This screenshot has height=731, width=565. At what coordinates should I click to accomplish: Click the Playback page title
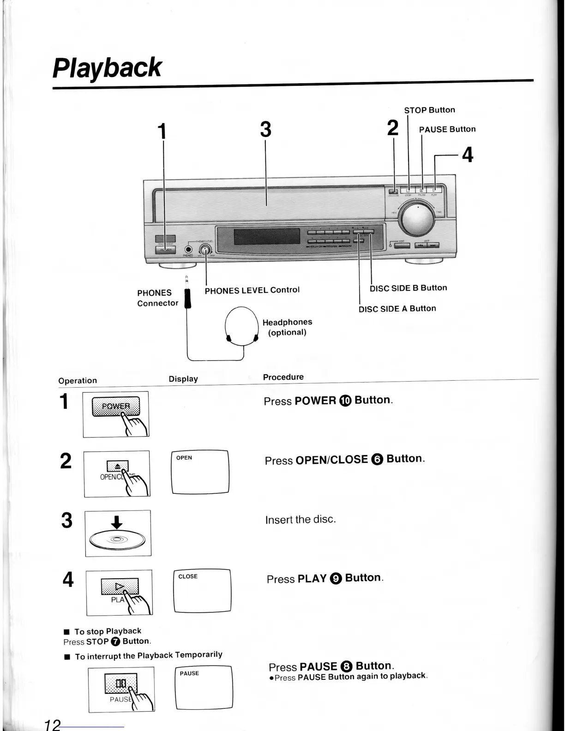pyautogui.click(x=107, y=68)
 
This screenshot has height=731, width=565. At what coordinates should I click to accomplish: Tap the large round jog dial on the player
pyautogui.click(x=417, y=220)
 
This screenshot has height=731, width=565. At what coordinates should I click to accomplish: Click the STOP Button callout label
pyautogui.click(x=429, y=110)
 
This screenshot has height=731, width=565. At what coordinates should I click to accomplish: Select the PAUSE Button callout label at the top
pyautogui.click(x=447, y=129)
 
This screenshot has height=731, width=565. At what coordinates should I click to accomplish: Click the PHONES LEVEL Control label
pyautogui.click(x=252, y=290)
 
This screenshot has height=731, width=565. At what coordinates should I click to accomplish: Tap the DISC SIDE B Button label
pyautogui.click(x=408, y=288)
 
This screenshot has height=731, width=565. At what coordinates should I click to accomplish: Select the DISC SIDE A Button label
pyautogui.click(x=397, y=309)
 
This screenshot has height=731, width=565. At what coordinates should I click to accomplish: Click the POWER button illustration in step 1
pyautogui.click(x=116, y=407)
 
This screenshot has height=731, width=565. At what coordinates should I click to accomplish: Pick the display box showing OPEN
pyautogui.click(x=200, y=472)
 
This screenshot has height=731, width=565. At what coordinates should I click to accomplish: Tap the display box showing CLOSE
pyautogui.click(x=202, y=591)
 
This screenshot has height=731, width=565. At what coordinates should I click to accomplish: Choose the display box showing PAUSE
pyautogui.click(x=204, y=688)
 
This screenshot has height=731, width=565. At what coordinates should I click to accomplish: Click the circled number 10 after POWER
pyautogui.click(x=345, y=401)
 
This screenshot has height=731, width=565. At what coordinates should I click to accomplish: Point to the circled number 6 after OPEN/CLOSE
pyautogui.click(x=377, y=460)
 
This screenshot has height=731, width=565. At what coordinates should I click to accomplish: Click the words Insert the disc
pyautogui.click(x=301, y=520)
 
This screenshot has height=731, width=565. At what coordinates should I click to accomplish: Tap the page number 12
pyautogui.click(x=53, y=725)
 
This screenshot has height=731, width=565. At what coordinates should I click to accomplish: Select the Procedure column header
pyautogui.click(x=283, y=377)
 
